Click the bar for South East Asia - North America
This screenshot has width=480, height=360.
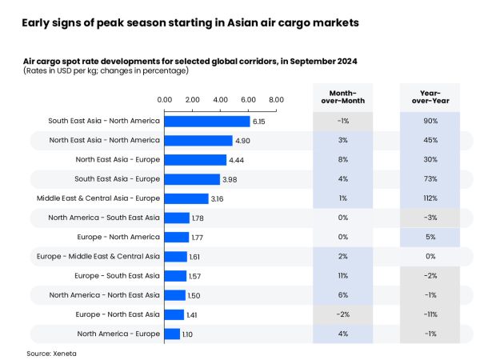(x=207, y=122)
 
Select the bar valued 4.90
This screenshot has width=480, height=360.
(x=198, y=141)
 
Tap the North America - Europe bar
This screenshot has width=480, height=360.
(x=172, y=334)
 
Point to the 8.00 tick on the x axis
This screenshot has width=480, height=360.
(x=276, y=99)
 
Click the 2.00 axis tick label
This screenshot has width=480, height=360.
(x=193, y=99)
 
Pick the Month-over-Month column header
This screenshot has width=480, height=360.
(x=342, y=96)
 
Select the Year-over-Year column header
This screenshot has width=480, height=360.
(x=430, y=96)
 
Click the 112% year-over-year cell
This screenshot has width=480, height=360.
(x=430, y=198)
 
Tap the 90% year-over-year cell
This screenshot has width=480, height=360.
(x=430, y=122)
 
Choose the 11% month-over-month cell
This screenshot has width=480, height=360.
(x=342, y=275)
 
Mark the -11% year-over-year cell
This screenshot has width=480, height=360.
(x=430, y=314)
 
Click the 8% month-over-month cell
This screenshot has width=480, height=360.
(x=342, y=160)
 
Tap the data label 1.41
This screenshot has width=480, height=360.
(x=192, y=315)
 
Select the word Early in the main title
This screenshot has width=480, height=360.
(x=37, y=23)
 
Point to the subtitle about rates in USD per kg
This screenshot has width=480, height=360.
(x=106, y=71)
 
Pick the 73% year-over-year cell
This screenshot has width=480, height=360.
(x=430, y=179)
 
